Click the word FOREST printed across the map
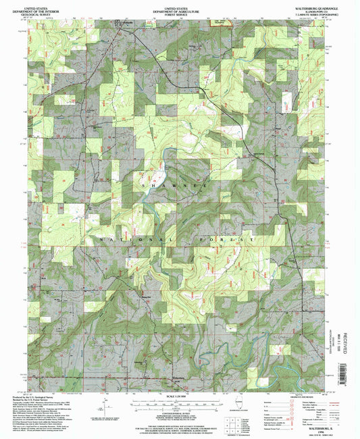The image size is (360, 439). pos(224,239)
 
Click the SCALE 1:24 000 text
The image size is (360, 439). pos(179,396)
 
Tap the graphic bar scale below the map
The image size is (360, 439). pos(179,403)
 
